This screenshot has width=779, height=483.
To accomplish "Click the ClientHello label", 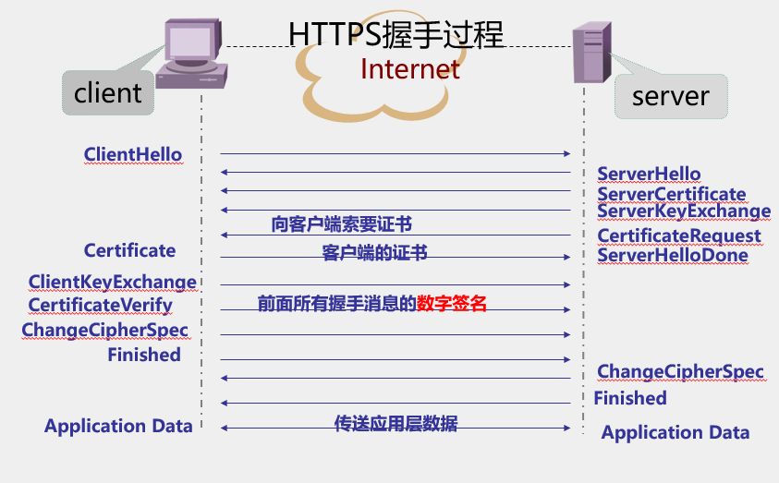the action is pyautogui.click(x=133, y=154).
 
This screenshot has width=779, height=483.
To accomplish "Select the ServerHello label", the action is pyautogui.click(x=649, y=175).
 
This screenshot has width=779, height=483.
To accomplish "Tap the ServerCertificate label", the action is pyautogui.click(x=671, y=194).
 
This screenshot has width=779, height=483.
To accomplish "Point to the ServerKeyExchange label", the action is pyautogui.click(x=684, y=211).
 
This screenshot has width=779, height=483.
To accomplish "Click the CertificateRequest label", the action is pyautogui.click(x=679, y=236).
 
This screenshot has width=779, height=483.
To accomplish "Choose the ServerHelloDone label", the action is pyautogui.click(x=673, y=255).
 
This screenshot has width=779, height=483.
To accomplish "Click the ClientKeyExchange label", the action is pyautogui.click(x=113, y=283).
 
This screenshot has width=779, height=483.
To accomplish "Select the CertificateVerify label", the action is pyautogui.click(x=100, y=305).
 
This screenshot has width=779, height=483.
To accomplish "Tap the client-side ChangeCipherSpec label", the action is pyautogui.click(x=104, y=330).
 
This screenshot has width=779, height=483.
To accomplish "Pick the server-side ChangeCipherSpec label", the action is pyautogui.click(x=680, y=372).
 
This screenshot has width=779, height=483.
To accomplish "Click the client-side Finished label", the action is pyautogui.click(x=144, y=355).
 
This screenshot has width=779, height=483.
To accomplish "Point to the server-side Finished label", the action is pyautogui.click(x=630, y=398).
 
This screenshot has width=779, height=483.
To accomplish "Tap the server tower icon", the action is pyautogui.click(x=592, y=54).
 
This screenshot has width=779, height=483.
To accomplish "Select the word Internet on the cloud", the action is pyautogui.click(x=409, y=69).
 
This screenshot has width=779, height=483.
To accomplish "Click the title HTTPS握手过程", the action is pyautogui.click(x=396, y=34).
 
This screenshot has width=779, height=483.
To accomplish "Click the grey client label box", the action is pyautogui.click(x=108, y=92).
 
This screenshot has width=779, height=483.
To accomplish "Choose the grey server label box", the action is pyautogui.click(x=670, y=96).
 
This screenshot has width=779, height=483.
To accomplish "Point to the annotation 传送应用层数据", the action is pyautogui.click(x=396, y=424).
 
